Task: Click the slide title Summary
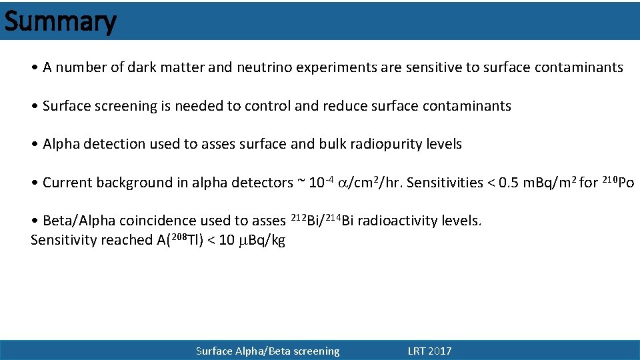pyautogui.click(x=60, y=21)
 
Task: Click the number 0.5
pyautogui.click(x=507, y=183)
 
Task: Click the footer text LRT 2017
pyautogui.click(x=429, y=351)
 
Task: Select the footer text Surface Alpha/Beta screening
pyautogui.click(x=267, y=351)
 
